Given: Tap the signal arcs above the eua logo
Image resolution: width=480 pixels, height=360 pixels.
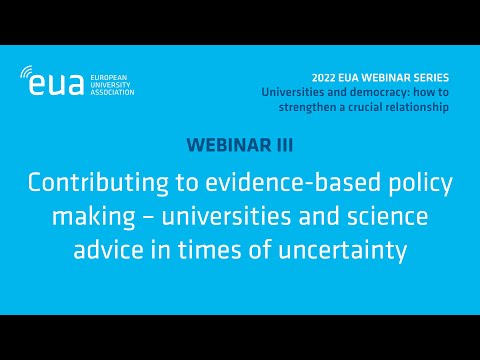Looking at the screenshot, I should click(29, 72).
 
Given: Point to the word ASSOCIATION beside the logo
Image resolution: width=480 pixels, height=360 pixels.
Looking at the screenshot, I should click(110, 93).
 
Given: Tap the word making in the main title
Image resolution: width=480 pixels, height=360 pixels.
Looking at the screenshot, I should click(88, 217).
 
